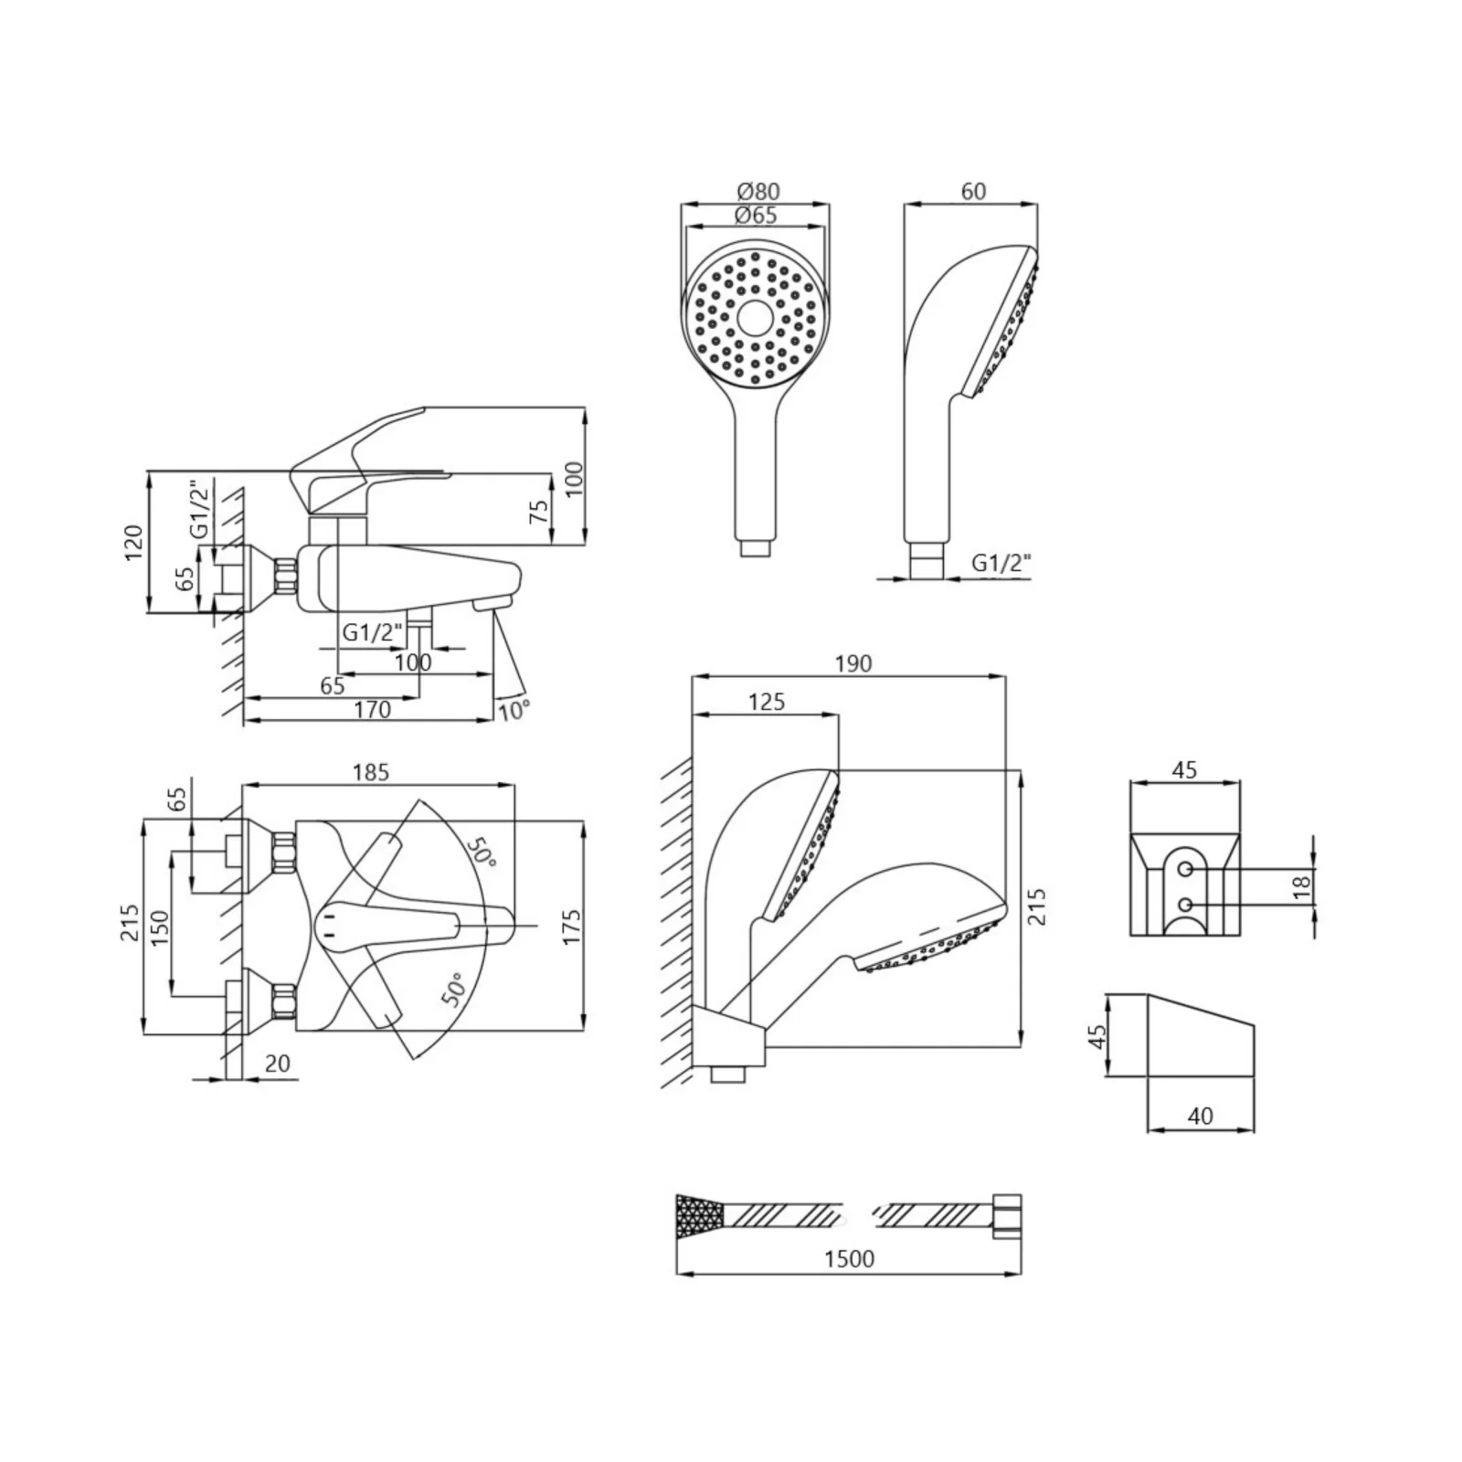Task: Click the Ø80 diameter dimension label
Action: tap(757, 191)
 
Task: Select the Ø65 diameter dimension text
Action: tap(756, 216)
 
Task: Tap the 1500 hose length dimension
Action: tap(850, 1258)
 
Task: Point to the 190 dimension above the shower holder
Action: tap(853, 663)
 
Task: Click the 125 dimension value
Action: tap(767, 701)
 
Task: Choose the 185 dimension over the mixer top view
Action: tap(371, 772)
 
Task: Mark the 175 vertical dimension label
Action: tap(571, 927)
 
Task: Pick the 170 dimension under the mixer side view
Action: tap(373, 709)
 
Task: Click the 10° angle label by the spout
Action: tap(514, 710)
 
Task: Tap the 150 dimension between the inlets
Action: tap(159, 928)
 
